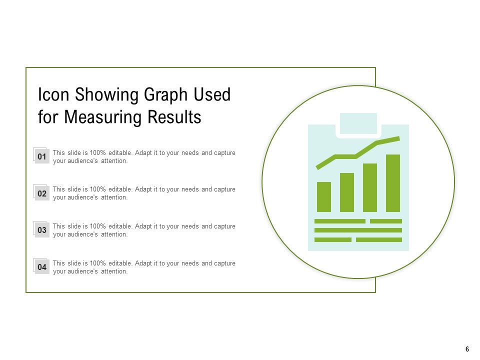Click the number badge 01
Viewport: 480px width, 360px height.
pos(42,157)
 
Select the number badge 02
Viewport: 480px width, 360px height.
pos(42,193)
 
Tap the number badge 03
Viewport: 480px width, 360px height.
pos(42,230)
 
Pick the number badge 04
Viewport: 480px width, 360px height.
pos(42,267)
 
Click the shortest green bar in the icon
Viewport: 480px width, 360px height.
pos(324,197)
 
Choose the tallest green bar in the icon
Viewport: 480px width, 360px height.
pos(393,183)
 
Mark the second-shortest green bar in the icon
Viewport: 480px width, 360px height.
pos(347,192)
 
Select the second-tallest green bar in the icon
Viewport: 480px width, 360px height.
pos(370,187)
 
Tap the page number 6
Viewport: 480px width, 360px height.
pos(467,349)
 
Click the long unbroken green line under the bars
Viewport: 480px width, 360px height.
pos(358,230)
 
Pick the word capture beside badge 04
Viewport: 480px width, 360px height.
pos(224,263)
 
